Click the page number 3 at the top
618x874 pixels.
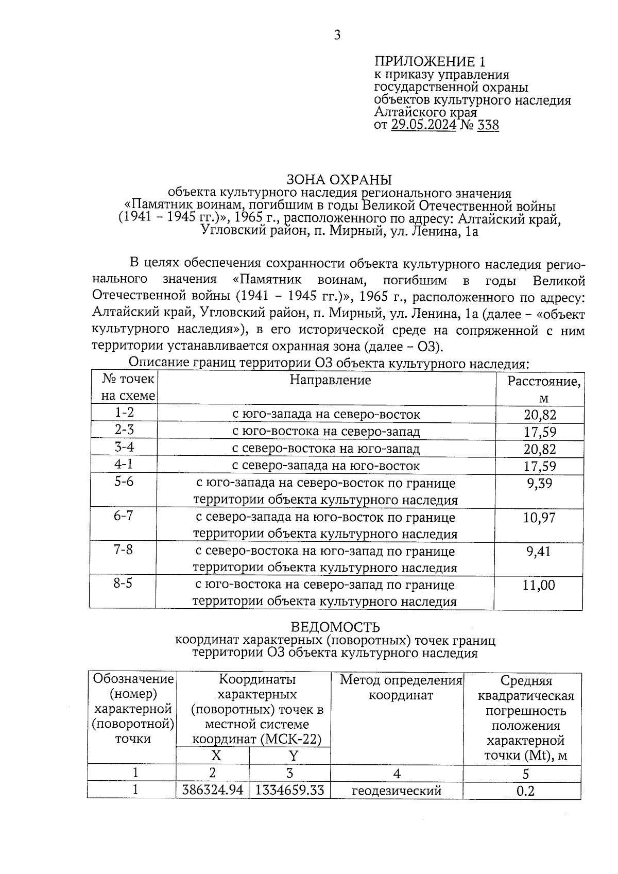pos(337,36)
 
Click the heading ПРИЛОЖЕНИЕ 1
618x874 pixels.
pos(429,62)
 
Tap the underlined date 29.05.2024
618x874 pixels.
pos(423,125)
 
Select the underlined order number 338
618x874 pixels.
pos(488,125)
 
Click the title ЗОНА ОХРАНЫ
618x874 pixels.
pos(339,180)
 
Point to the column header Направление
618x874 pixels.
pos(330,380)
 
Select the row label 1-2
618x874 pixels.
pos(124,413)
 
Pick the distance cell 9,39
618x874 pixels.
pos(539,484)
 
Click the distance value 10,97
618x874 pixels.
pos(539,518)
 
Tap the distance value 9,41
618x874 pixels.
pos(539,552)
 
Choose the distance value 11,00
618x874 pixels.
pos(539,585)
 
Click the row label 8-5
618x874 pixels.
pos(123,584)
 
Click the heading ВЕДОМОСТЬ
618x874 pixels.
pos(335,627)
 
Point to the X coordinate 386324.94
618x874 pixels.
pos(212,790)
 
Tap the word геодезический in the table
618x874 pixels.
pos(397,791)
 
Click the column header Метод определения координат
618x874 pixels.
pos(401,688)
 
